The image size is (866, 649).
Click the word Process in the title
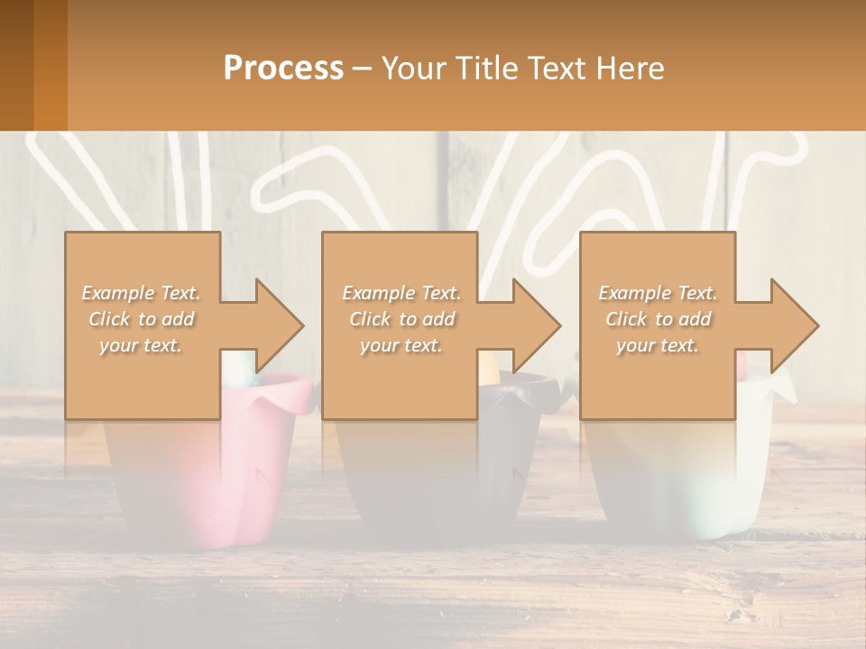pos(283,69)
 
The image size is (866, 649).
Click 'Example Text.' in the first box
pos(142,293)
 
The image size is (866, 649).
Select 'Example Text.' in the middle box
pos(401,293)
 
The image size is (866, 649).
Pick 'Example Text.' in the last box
pos(658,293)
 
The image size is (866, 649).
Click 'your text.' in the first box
pos(142,345)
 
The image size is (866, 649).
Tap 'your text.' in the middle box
pos(401,345)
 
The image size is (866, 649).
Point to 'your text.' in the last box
pos(658,345)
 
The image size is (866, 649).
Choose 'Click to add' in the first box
pos(142,319)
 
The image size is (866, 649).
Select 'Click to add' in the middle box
pos(401,319)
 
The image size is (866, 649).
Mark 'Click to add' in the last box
pos(658,319)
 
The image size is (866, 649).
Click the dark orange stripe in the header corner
pos(51,65)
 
